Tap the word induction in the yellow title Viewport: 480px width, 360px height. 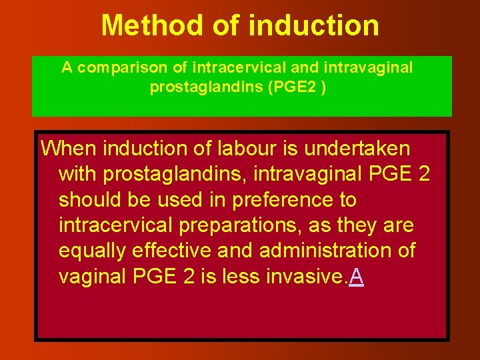313,26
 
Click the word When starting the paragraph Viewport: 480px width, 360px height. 69,149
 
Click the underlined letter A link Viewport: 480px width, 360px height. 357,277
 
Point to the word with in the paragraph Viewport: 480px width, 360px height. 79,175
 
